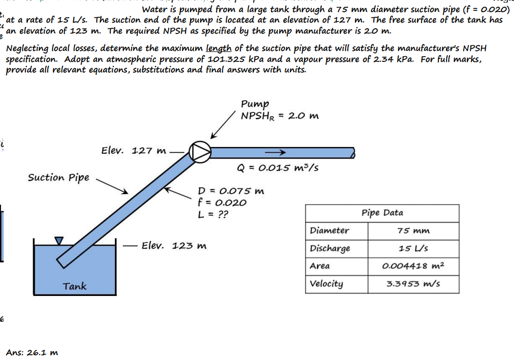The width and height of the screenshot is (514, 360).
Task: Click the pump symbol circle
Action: pos(200,151)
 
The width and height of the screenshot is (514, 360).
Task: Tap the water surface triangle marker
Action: pos(59,240)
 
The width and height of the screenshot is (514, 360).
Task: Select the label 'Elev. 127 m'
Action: pos(133,151)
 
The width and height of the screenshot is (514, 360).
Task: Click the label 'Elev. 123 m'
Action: pos(174,246)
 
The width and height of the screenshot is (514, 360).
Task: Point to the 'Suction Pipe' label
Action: pos(58,177)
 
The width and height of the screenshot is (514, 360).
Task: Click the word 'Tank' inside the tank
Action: pos(75,286)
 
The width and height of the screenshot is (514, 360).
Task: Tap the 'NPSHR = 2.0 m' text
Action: pos(279,115)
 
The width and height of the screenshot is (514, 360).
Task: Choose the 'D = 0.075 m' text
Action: pos(230,191)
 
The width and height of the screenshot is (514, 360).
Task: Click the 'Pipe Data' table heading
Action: pos(382,213)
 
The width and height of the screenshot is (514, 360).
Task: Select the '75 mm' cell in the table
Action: pos(413,230)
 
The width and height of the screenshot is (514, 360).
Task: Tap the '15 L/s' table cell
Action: pos(413,248)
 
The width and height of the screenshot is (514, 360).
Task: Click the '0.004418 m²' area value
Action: pos(413,266)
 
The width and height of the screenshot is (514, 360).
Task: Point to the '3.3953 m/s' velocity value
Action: pos(413,284)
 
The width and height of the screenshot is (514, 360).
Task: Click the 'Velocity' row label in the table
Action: pos(327,284)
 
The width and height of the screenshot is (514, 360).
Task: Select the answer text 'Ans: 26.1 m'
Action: pos(32,352)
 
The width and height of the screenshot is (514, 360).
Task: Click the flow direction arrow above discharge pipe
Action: pos(274,152)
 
